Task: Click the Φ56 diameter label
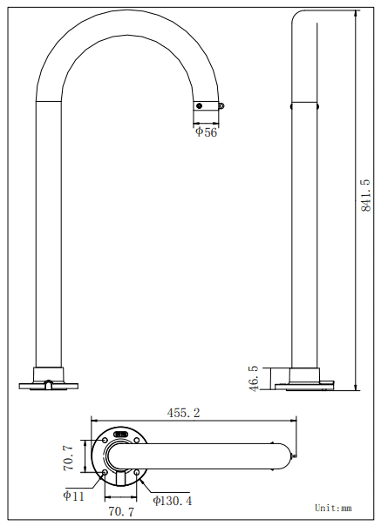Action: tap(206, 131)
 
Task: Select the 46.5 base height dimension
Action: tap(254, 379)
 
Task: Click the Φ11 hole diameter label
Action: tap(74, 495)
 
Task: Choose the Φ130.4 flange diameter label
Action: tap(173, 500)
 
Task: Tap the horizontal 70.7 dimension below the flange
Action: tap(120, 512)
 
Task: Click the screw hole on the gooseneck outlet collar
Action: tap(200, 105)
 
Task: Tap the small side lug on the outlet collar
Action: tap(221, 106)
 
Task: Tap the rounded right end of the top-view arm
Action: tap(292, 456)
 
